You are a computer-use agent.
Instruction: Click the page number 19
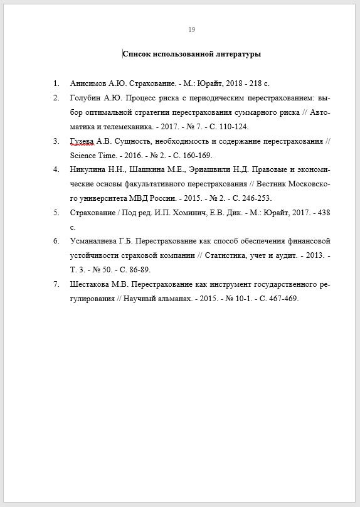192,29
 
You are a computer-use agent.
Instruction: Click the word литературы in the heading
239,55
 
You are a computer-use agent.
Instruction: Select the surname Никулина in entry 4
87,169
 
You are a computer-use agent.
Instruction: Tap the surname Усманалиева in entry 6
94,241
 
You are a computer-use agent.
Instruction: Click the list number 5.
56,213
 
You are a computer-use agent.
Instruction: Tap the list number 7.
56,284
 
